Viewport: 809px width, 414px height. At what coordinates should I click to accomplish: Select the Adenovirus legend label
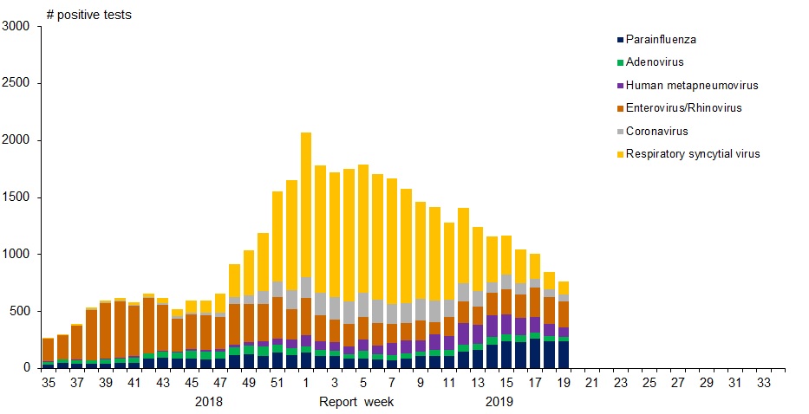[655, 62]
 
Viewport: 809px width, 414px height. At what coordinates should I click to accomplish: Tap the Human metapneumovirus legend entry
[691, 85]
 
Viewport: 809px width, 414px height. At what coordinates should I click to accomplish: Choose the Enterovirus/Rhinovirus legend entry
[683, 108]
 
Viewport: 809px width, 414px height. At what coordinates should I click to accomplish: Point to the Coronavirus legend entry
[656, 131]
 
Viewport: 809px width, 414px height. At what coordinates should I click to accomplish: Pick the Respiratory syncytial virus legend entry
[692, 153]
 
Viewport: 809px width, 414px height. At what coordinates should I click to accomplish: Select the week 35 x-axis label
[48, 381]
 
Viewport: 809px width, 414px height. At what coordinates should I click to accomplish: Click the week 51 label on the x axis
[277, 381]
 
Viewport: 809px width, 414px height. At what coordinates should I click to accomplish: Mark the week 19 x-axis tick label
[563, 381]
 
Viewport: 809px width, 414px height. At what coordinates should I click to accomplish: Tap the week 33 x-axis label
[763, 381]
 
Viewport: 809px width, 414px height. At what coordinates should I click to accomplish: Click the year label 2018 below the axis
[209, 402]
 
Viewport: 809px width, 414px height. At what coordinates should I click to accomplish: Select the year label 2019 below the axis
[499, 402]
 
